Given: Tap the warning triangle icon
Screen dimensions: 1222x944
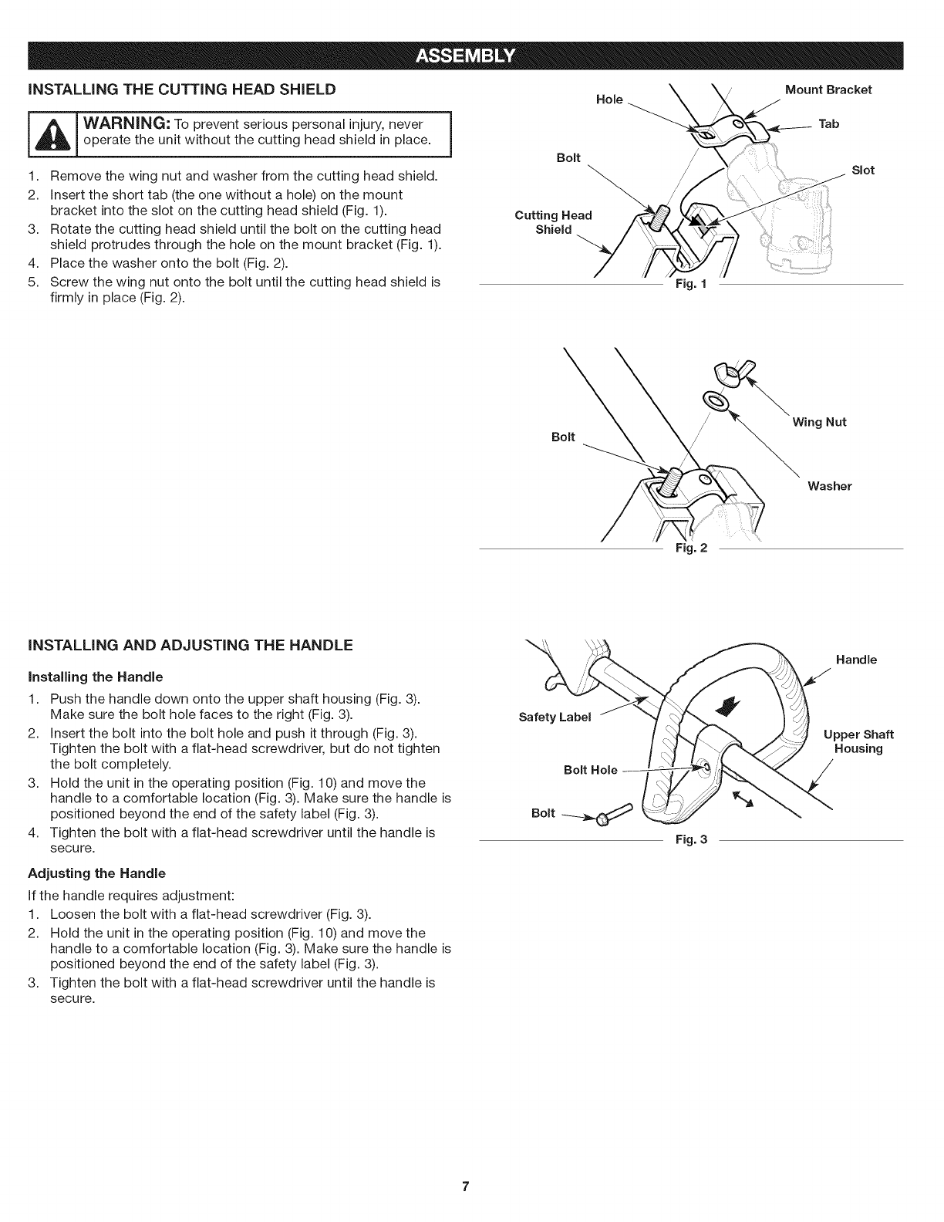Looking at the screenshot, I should (x=31, y=133).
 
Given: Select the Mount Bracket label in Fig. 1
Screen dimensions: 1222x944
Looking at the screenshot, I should (x=828, y=89).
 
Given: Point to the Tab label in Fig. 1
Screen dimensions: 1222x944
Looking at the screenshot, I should (x=829, y=124).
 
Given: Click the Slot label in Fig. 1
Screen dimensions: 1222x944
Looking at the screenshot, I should (x=862, y=170).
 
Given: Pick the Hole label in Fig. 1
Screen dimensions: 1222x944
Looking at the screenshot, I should (x=609, y=100).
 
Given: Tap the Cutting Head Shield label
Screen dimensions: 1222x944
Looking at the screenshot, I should (x=553, y=222).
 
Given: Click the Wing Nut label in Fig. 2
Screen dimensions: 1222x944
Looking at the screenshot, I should (x=819, y=422).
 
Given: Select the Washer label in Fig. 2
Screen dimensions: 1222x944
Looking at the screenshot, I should (x=829, y=486).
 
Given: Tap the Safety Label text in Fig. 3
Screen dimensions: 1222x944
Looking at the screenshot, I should (x=555, y=717).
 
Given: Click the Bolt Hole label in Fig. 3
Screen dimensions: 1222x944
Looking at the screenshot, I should (x=590, y=770).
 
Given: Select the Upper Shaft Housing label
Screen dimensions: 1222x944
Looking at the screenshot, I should (x=858, y=741).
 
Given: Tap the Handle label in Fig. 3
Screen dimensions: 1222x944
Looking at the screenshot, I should (x=856, y=660).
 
